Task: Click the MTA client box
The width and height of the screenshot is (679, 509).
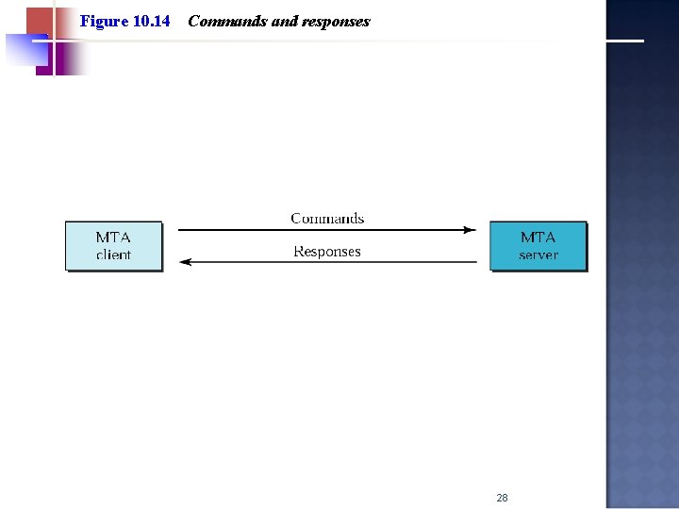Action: click(113, 246)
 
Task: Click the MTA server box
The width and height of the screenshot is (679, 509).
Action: click(538, 246)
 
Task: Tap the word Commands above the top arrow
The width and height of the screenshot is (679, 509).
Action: click(327, 219)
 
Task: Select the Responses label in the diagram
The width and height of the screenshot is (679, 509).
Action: click(327, 252)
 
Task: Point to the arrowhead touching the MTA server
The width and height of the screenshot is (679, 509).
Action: click(471, 229)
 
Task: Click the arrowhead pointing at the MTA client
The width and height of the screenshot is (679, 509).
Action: click(185, 262)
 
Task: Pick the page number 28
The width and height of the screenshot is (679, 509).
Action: click(502, 498)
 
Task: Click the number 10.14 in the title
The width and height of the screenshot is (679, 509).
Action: click(151, 21)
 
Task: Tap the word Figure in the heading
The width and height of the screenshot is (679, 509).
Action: click(103, 21)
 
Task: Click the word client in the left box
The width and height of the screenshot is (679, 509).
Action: click(113, 255)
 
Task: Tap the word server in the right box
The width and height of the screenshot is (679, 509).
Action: click(538, 255)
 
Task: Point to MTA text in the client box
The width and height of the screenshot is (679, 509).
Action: click(113, 238)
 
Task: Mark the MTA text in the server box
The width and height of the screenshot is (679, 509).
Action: click(538, 238)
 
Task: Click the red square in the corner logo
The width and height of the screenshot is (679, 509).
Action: click(40, 21)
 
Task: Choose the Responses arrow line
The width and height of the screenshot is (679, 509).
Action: click(330, 262)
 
